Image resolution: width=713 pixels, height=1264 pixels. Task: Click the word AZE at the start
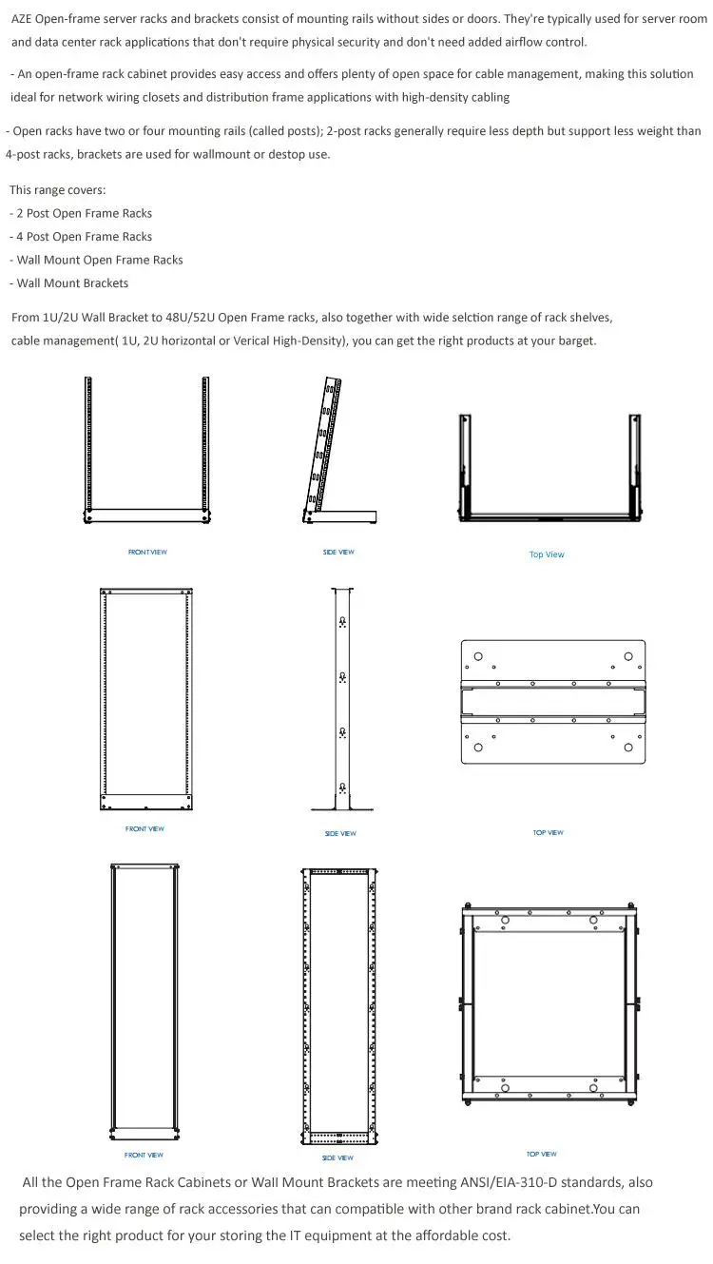tap(23, 18)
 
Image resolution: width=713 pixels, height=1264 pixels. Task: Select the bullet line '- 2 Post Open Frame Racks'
tap(81, 214)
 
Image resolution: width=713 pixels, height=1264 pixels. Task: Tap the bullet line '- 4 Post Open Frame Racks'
tap(81, 237)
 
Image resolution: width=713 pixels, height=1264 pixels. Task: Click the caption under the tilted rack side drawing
tap(338, 553)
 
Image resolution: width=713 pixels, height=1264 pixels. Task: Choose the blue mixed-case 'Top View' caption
tap(547, 554)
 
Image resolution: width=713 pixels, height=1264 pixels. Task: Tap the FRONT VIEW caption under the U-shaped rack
tap(147, 553)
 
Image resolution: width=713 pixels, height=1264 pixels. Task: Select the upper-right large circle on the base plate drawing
tap(627, 656)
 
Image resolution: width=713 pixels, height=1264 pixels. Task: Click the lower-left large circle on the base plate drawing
tap(478, 748)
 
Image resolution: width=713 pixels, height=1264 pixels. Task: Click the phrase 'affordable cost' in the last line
tap(463, 1235)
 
